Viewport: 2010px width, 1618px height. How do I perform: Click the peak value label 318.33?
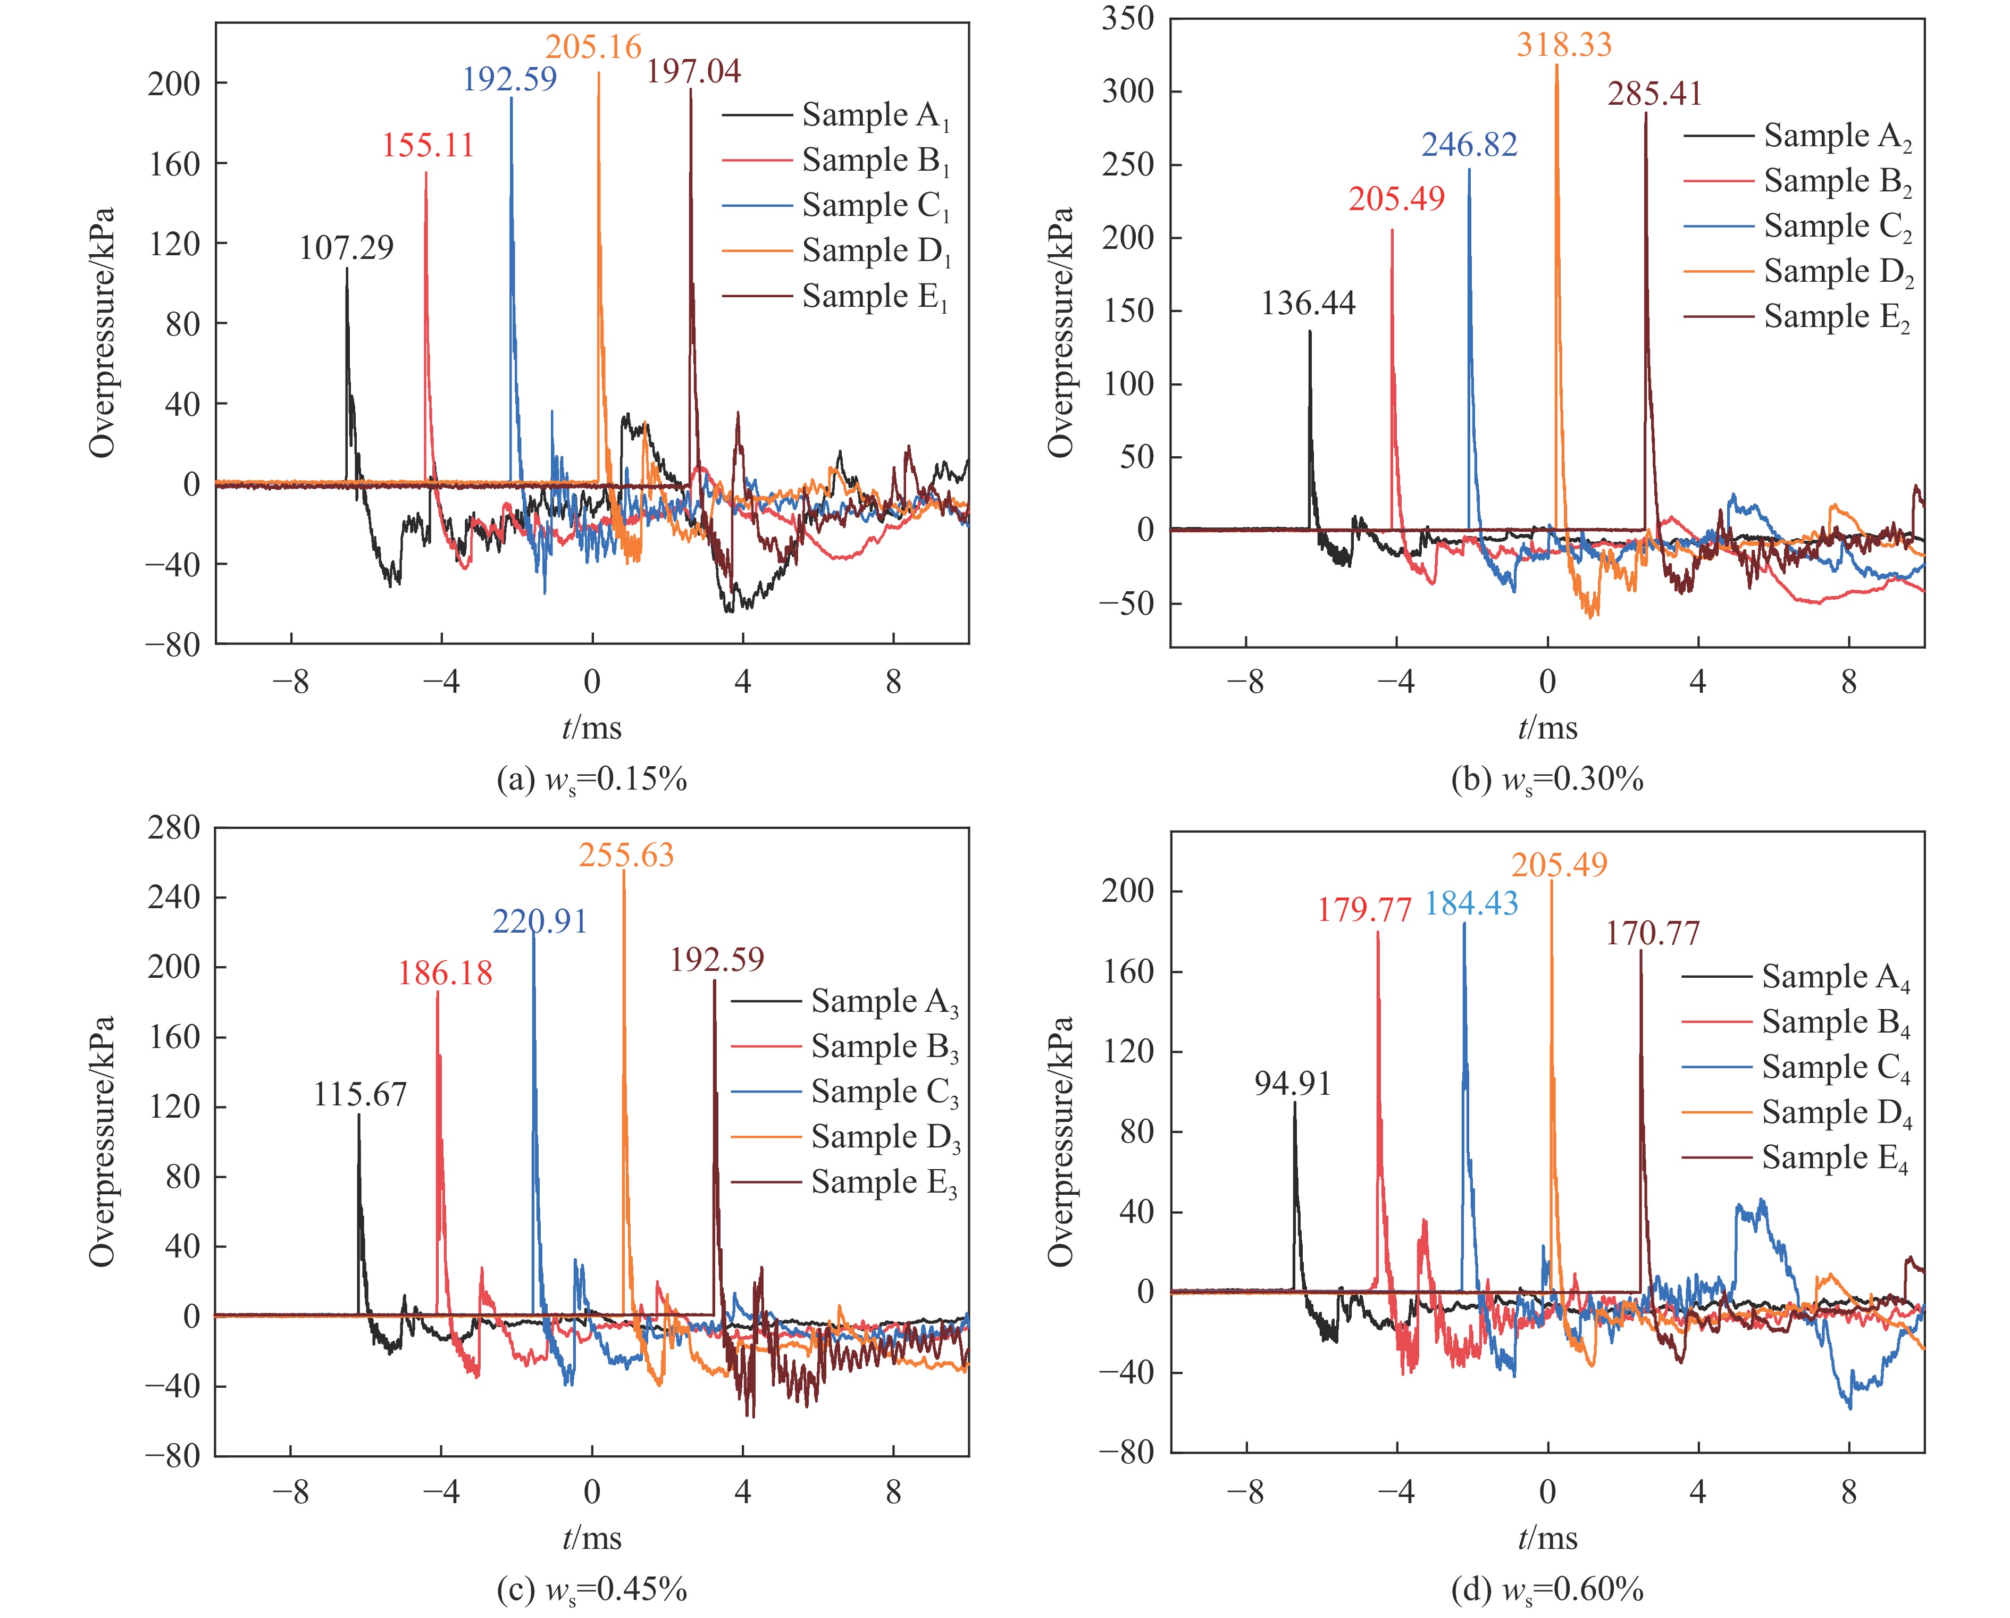(1563, 45)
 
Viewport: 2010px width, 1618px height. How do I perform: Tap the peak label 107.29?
(346, 248)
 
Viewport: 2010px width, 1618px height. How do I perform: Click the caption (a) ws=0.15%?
(592, 779)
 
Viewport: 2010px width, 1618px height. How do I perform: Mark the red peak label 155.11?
(428, 145)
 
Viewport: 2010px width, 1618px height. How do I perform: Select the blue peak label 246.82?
(1469, 145)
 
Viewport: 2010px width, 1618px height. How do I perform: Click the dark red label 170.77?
(1653, 933)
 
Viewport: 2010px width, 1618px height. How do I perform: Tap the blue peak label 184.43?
(1471, 903)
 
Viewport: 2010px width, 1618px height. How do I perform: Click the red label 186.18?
(445, 974)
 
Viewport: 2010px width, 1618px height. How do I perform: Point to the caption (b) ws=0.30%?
(1547, 779)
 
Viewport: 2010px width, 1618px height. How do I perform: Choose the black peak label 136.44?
(1308, 303)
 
